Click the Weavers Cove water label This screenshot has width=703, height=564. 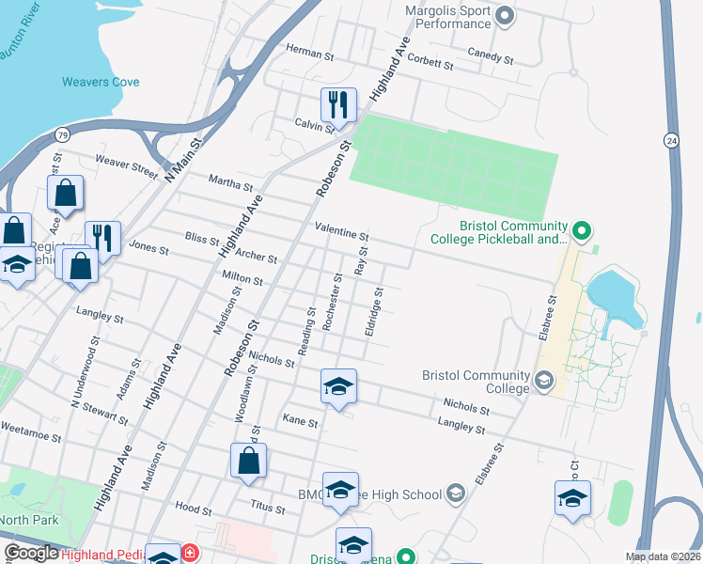[x=101, y=82]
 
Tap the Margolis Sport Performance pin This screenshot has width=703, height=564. [x=505, y=15]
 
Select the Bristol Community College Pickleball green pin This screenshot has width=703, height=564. [x=581, y=229]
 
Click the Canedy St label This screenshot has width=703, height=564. [x=492, y=58]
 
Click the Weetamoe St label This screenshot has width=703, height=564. [x=30, y=436]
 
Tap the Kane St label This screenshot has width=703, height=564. [x=301, y=423]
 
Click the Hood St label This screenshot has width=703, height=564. [x=194, y=507]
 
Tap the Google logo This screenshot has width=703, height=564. [x=32, y=553]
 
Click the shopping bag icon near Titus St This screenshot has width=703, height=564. [x=247, y=462]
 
